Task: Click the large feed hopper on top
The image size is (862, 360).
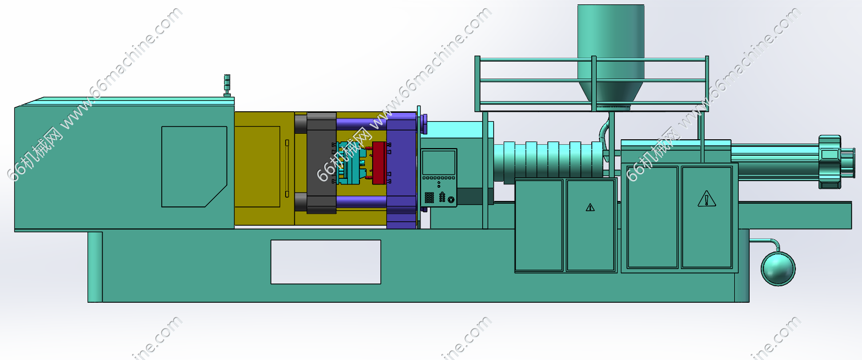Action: pos(610,54)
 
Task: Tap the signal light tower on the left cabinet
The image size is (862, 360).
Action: pos(227,85)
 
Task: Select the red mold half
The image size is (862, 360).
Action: pos(379,162)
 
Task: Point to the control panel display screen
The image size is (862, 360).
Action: pos(438,162)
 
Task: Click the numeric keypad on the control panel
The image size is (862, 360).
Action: pos(429,198)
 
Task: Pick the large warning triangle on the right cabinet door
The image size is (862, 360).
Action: pos(707,199)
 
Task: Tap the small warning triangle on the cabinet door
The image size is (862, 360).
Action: pos(590,208)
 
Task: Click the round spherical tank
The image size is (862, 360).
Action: pos(778,269)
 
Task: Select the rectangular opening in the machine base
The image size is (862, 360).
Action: pos(325,262)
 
